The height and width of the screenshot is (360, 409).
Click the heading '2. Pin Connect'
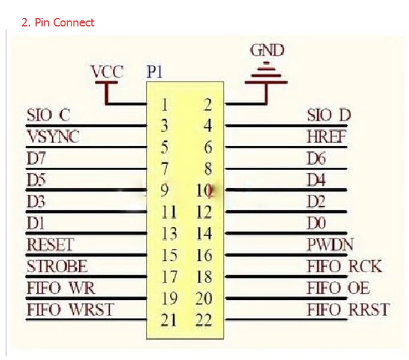pyautogui.click(x=58, y=22)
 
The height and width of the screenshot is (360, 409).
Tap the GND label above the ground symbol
pyautogui.click(x=267, y=50)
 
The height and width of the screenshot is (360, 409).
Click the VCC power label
pyautogui.click(x=107, y=72)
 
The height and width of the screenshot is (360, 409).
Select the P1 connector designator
pyautogui.click(x=154, y=72)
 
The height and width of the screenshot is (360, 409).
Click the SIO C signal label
pyautogui.click(x=49, y=115)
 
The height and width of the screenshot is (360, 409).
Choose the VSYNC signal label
pyautogui.click(x=53, y=136)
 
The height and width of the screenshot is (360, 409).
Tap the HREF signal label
pyautogui.click(x=326, y=136)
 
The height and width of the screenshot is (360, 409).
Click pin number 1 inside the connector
pyautogui.click(x=165, y=105)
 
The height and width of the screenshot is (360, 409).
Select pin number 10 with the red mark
pyautogui.click(x=205, y=191)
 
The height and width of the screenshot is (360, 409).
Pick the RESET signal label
pyautogui.click(x=50, y=245)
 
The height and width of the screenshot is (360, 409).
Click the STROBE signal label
pyautogui.click(x=57, y=266)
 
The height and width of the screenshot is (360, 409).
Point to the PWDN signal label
pyautogui.click(x=330, y=245)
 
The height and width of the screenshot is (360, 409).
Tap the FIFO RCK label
pyautogui.click(x=344, y=266)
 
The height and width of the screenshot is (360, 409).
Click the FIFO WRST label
pyautogui.click(x=70, y=310)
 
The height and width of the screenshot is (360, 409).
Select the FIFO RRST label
pyautogui.click(x=348, y=310)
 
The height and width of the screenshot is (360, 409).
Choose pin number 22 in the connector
pyautogui.click(x=204, y=320)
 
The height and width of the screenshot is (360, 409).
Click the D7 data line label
pyautogui.click(x=36, y=158)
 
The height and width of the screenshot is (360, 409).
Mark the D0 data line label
pyautogui.click(x=317, y=224)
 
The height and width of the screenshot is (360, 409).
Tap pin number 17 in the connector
pyautogui.click(x=169, y=277)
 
